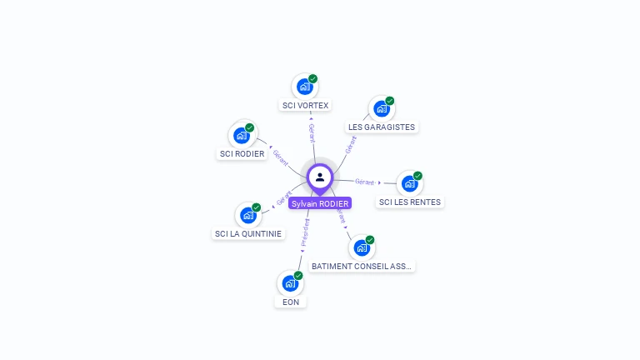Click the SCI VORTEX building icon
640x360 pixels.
[x=305, y=86]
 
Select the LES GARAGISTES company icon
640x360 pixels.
[x=382, y=108]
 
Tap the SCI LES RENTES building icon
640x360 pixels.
[x=409, y=183]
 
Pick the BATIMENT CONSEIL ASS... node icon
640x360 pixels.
[x=362, y=247]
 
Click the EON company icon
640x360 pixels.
[x=290, y=283]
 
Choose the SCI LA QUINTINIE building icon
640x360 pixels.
[x=248, y=215]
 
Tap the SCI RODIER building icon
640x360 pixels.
[x=242, y=135]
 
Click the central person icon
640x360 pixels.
[x=320, y=177]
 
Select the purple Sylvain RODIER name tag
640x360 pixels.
[x=320, y=203]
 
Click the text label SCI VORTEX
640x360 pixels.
[x=306, y=106]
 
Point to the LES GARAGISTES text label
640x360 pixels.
[x=382, y=127]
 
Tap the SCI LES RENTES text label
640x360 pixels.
[x=410, y=202]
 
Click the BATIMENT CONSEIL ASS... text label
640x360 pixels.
[x=362, y=267]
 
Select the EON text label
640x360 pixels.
[x=291, y=302]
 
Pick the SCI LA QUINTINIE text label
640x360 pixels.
[x=248, y=234]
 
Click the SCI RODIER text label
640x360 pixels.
[x=242, y=154]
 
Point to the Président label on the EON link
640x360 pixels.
[x=305, y=236]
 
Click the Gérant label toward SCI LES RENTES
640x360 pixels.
[x=364, y=181]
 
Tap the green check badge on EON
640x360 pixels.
[x=298, y=275]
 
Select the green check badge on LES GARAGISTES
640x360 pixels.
[x=390, y=101]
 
